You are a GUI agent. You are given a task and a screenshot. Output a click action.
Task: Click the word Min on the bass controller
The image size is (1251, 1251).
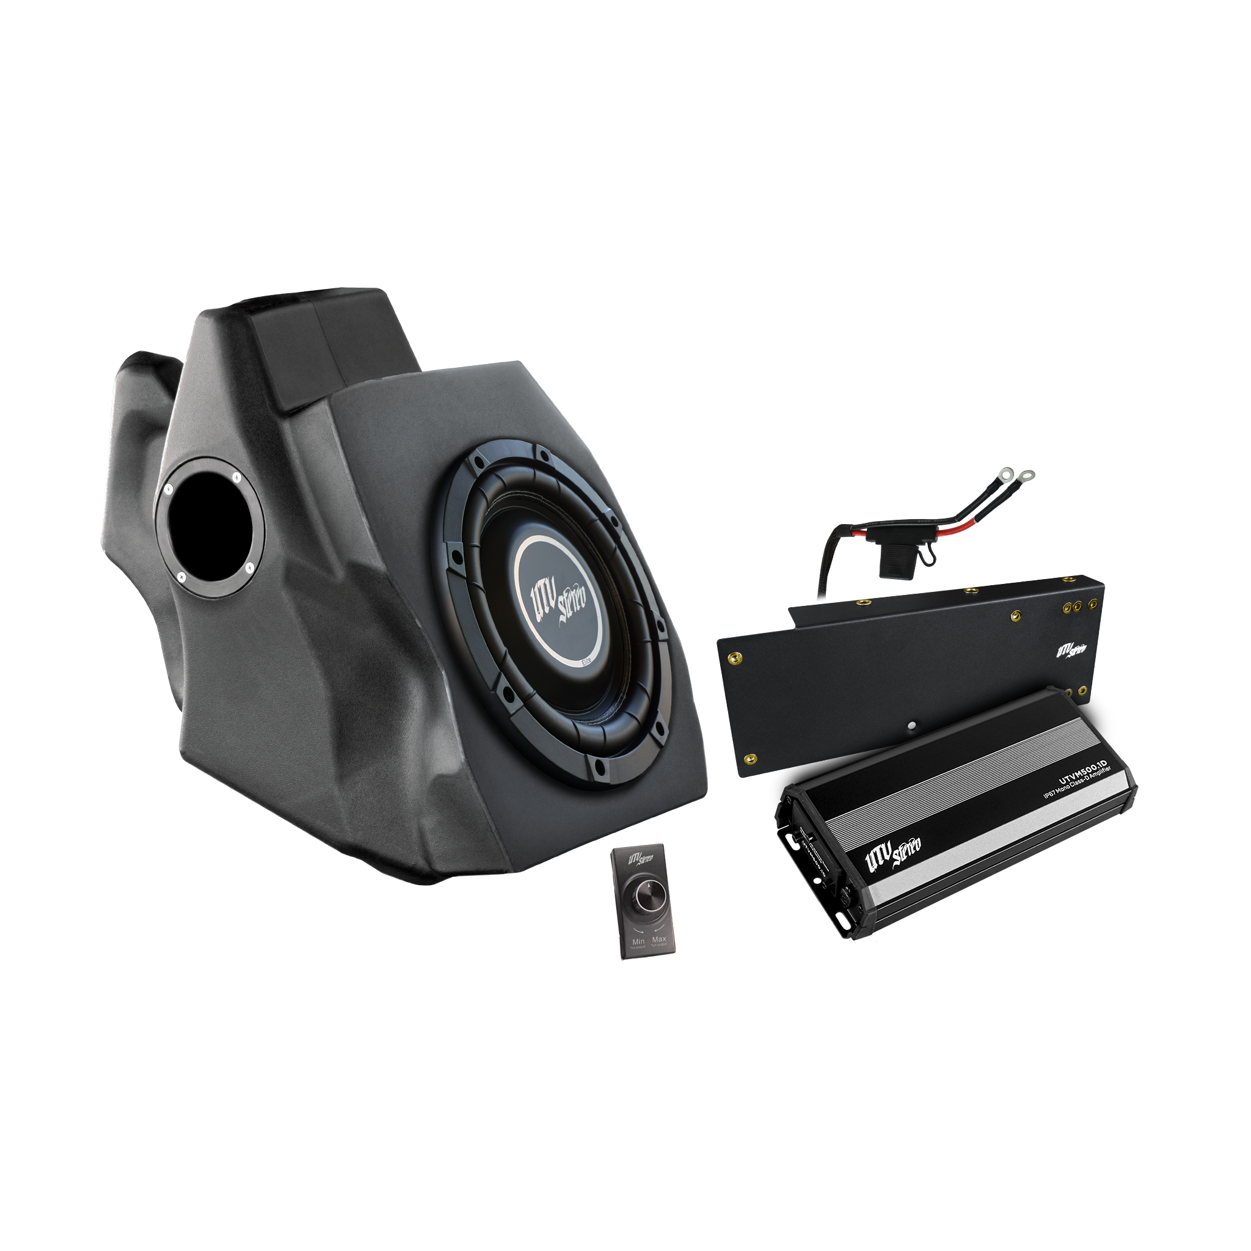pyautogui.click(x=638, y=940)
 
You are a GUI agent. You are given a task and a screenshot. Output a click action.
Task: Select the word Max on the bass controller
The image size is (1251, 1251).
pyautogui.click(x=659, y=938)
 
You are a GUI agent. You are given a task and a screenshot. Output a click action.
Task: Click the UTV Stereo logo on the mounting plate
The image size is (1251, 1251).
pyautogui.click(x=1071, y=650)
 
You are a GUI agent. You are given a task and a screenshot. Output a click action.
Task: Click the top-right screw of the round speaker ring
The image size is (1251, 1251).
pyautogui.click(x=237, y=477)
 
